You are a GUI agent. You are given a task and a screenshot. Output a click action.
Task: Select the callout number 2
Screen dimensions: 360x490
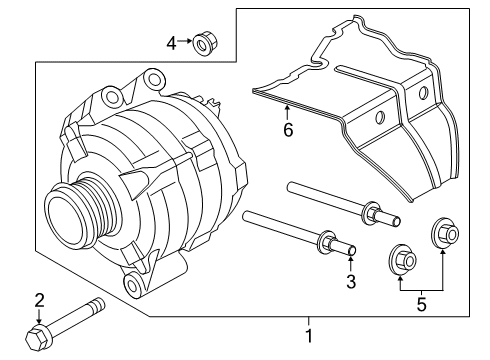pos(39,299)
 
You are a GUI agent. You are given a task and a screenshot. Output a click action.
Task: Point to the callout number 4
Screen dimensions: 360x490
pos(171,43)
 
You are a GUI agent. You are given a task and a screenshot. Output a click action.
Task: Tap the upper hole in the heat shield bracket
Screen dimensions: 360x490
pos(423,94)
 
